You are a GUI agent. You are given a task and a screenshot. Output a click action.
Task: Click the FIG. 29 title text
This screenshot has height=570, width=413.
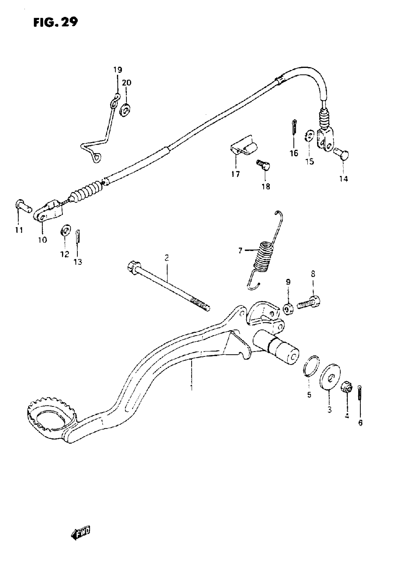[56, 22]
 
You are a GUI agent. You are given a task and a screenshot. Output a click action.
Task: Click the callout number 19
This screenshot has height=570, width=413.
[117, 70]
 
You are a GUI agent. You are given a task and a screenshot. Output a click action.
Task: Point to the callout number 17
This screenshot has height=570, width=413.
[236, 174]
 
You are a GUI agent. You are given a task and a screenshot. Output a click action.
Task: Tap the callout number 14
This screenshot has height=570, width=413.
[344, 179]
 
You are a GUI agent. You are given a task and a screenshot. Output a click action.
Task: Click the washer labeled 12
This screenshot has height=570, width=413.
[65, 230]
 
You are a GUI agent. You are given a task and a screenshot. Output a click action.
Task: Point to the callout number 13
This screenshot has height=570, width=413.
[78, 262]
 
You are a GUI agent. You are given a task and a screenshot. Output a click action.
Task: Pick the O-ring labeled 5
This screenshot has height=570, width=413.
[311, 367]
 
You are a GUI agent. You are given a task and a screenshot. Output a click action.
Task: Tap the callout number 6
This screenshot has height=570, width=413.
[360, 423]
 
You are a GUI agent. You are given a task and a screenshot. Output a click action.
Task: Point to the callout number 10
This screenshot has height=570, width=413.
[43, 240]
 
